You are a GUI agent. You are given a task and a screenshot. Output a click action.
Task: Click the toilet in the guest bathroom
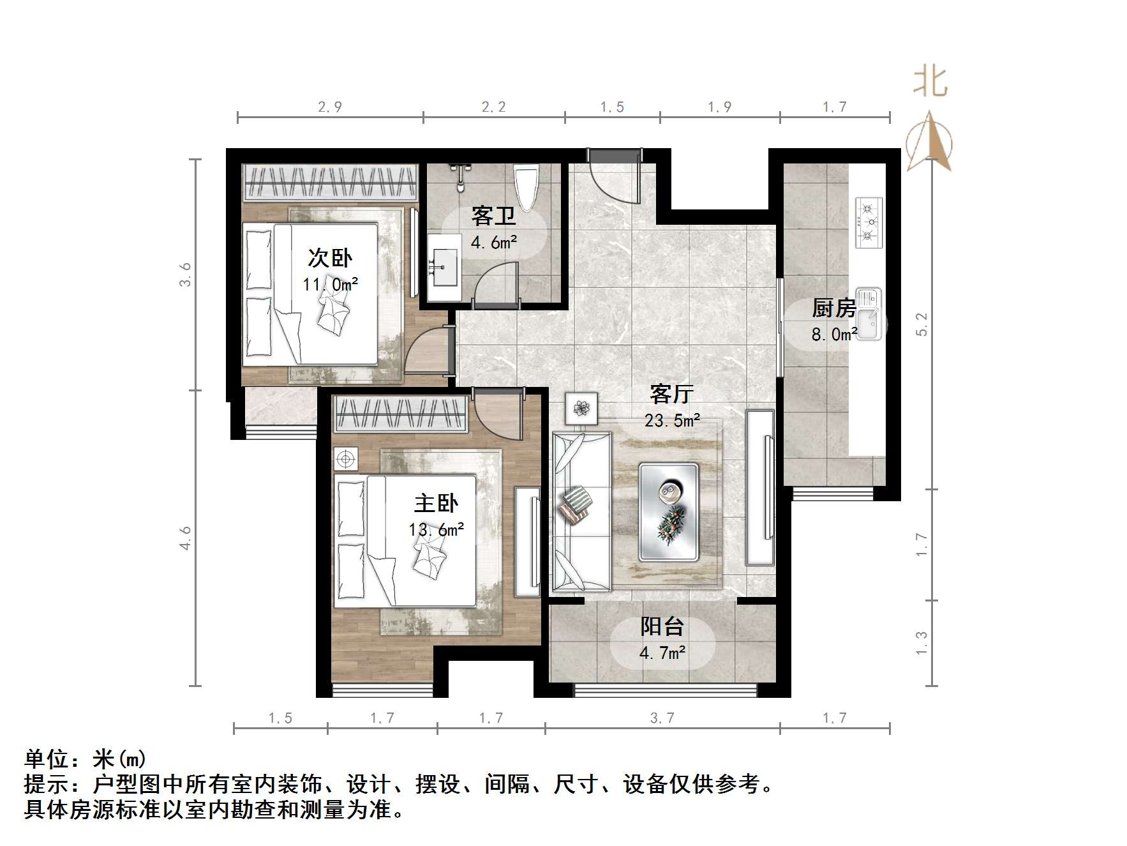coord(527,186)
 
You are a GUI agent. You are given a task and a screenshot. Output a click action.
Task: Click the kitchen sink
coord(869,314)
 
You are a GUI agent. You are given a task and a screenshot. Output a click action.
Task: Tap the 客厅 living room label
coord(671,394)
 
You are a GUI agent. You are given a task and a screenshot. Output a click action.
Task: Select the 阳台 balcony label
coord(662,626)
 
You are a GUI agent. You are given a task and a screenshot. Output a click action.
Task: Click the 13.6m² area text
coord(437,529)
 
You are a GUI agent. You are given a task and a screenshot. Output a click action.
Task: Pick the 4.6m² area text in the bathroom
coord(493,243)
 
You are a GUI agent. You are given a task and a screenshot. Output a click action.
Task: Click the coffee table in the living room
coord(669,512)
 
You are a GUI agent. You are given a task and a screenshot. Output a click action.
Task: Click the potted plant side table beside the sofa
coord(581,407)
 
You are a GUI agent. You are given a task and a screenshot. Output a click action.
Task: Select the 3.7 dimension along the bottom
coord(662,718)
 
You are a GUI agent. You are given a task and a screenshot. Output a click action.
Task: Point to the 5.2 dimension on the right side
coord(921,324)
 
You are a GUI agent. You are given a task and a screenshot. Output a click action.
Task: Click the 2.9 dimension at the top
coord(330,107)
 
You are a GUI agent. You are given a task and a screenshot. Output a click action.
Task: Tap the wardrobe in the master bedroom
coord(400,412)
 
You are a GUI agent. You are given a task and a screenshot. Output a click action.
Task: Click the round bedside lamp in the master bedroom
coord(346,458)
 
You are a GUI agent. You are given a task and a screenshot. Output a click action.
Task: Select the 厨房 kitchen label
coord(833,308)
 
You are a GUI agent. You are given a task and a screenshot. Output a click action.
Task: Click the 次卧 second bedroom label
coord(330,258)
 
